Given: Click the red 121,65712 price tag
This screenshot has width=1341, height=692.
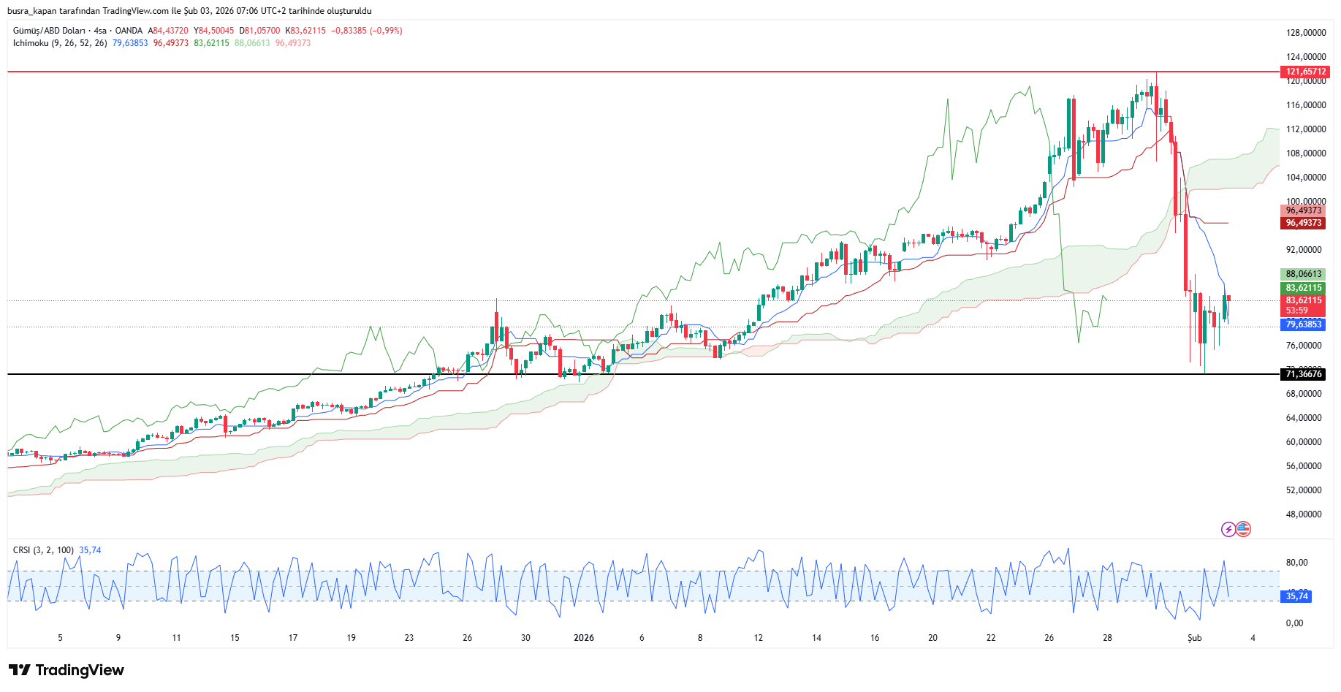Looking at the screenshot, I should tap(1305, 72).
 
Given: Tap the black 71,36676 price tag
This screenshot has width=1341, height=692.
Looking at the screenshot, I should tap(1304, 374).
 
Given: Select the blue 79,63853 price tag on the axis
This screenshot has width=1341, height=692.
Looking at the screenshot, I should tap(1304, 324).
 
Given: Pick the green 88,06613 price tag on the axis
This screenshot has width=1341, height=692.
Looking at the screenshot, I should tap(1304, 274).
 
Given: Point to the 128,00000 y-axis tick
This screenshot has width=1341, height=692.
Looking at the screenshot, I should tap(1306, 33).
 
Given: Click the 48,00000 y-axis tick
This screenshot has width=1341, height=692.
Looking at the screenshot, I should tap(1304, 514).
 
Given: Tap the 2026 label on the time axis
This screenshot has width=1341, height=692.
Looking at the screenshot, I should tap(584, 638).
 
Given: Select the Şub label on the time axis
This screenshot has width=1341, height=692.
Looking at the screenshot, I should tap(1194, 638).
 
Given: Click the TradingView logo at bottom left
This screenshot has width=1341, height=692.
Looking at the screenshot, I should tap(67, 670).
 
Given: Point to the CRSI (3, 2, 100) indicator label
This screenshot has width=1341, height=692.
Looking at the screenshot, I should tap(43, 550).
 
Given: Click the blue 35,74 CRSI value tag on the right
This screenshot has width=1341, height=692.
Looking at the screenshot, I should tap(1297, 596).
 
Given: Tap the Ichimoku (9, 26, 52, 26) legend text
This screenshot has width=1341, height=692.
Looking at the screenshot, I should tap(60, 43).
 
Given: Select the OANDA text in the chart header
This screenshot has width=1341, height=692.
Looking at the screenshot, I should tap(129, 31).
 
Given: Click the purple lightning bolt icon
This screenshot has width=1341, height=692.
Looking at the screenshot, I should tap(1228, 529).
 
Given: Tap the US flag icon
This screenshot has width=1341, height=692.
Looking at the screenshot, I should tap(1243, 529).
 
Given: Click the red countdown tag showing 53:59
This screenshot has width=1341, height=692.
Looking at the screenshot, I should tap(1297, 311).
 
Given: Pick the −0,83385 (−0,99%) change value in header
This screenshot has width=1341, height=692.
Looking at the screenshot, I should tap(367, 31).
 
